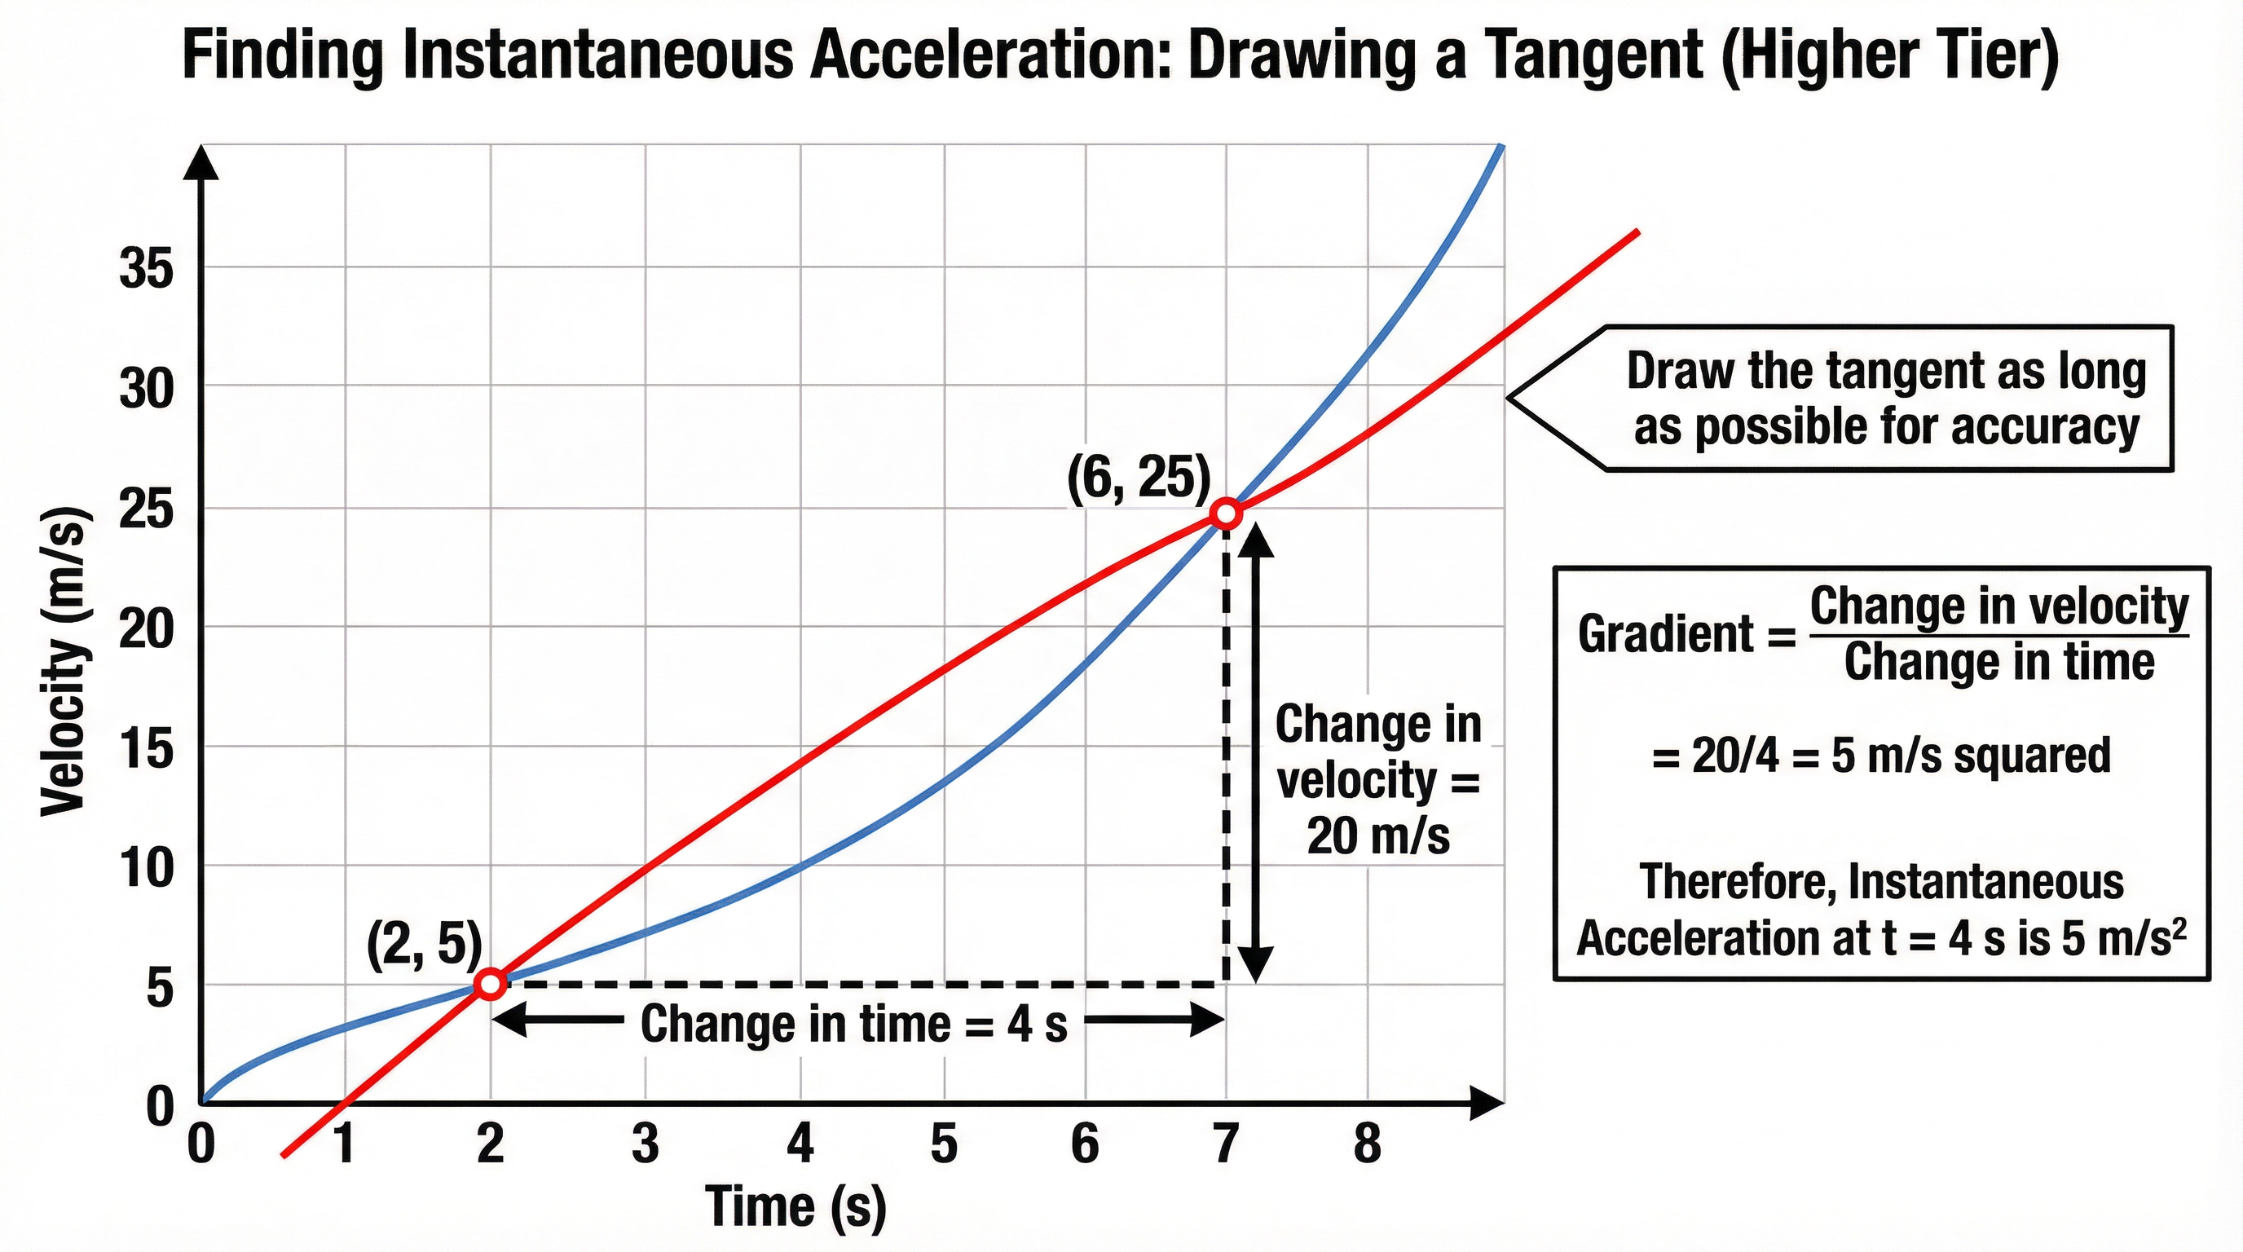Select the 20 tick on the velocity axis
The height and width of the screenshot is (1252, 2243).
point(146,628)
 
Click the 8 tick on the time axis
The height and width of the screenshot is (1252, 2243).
point(1367,1144)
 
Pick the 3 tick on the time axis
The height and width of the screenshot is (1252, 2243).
point(646,1144)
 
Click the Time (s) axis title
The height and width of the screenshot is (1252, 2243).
point(795,1208)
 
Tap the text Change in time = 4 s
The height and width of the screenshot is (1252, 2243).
point(853,1024)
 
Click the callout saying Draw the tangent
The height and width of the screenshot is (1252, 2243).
point(1884,399)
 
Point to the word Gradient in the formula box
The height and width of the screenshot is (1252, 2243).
point(1665,634)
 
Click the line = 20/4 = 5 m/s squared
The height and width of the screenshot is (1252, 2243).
point(1881,756)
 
